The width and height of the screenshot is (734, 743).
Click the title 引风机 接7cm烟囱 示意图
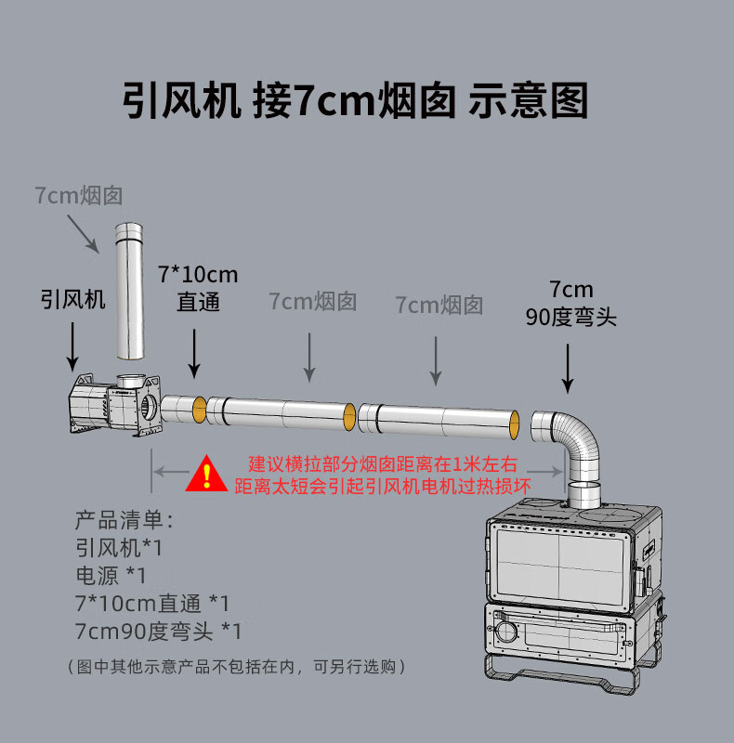(x=356, y=100)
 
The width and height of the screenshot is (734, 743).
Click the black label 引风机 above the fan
(x=72, y=299)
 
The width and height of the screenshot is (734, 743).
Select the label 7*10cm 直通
(x=198, y=288)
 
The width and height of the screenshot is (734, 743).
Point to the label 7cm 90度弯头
(x=570, y=304)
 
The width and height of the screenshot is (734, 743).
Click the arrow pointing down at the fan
(x=72, y=350)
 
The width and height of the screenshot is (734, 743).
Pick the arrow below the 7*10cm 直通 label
(x=194, y=355)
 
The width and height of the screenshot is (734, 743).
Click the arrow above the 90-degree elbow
(x=569, y=368)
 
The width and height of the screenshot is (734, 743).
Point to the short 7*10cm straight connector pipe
(x=183, y=408)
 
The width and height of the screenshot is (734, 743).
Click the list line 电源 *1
(x=111, y=576)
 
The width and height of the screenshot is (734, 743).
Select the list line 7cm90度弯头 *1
(x=158, y=632)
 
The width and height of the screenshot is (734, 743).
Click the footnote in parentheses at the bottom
(x=236, y=667)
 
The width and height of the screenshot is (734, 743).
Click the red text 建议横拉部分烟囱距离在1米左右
(x=382, y=463)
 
